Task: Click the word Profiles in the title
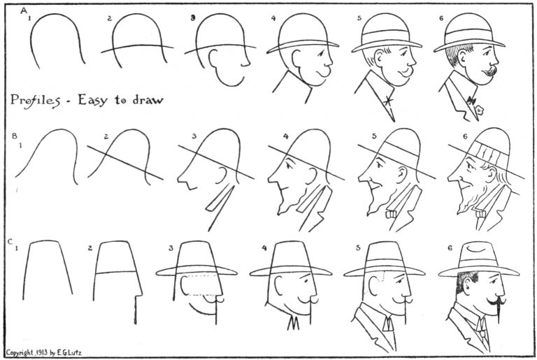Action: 35,101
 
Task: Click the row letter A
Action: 24,11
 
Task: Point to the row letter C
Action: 10,242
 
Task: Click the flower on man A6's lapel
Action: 480,110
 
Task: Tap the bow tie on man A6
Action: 471,101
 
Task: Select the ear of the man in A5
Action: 379,57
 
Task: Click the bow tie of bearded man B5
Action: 391,215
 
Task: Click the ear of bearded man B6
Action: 492,174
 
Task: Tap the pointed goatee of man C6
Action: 499,312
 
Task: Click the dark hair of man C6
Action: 465,282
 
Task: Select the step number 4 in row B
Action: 285,136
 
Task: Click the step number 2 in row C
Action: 90,247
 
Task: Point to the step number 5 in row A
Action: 359,18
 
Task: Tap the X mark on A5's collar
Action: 388,101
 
